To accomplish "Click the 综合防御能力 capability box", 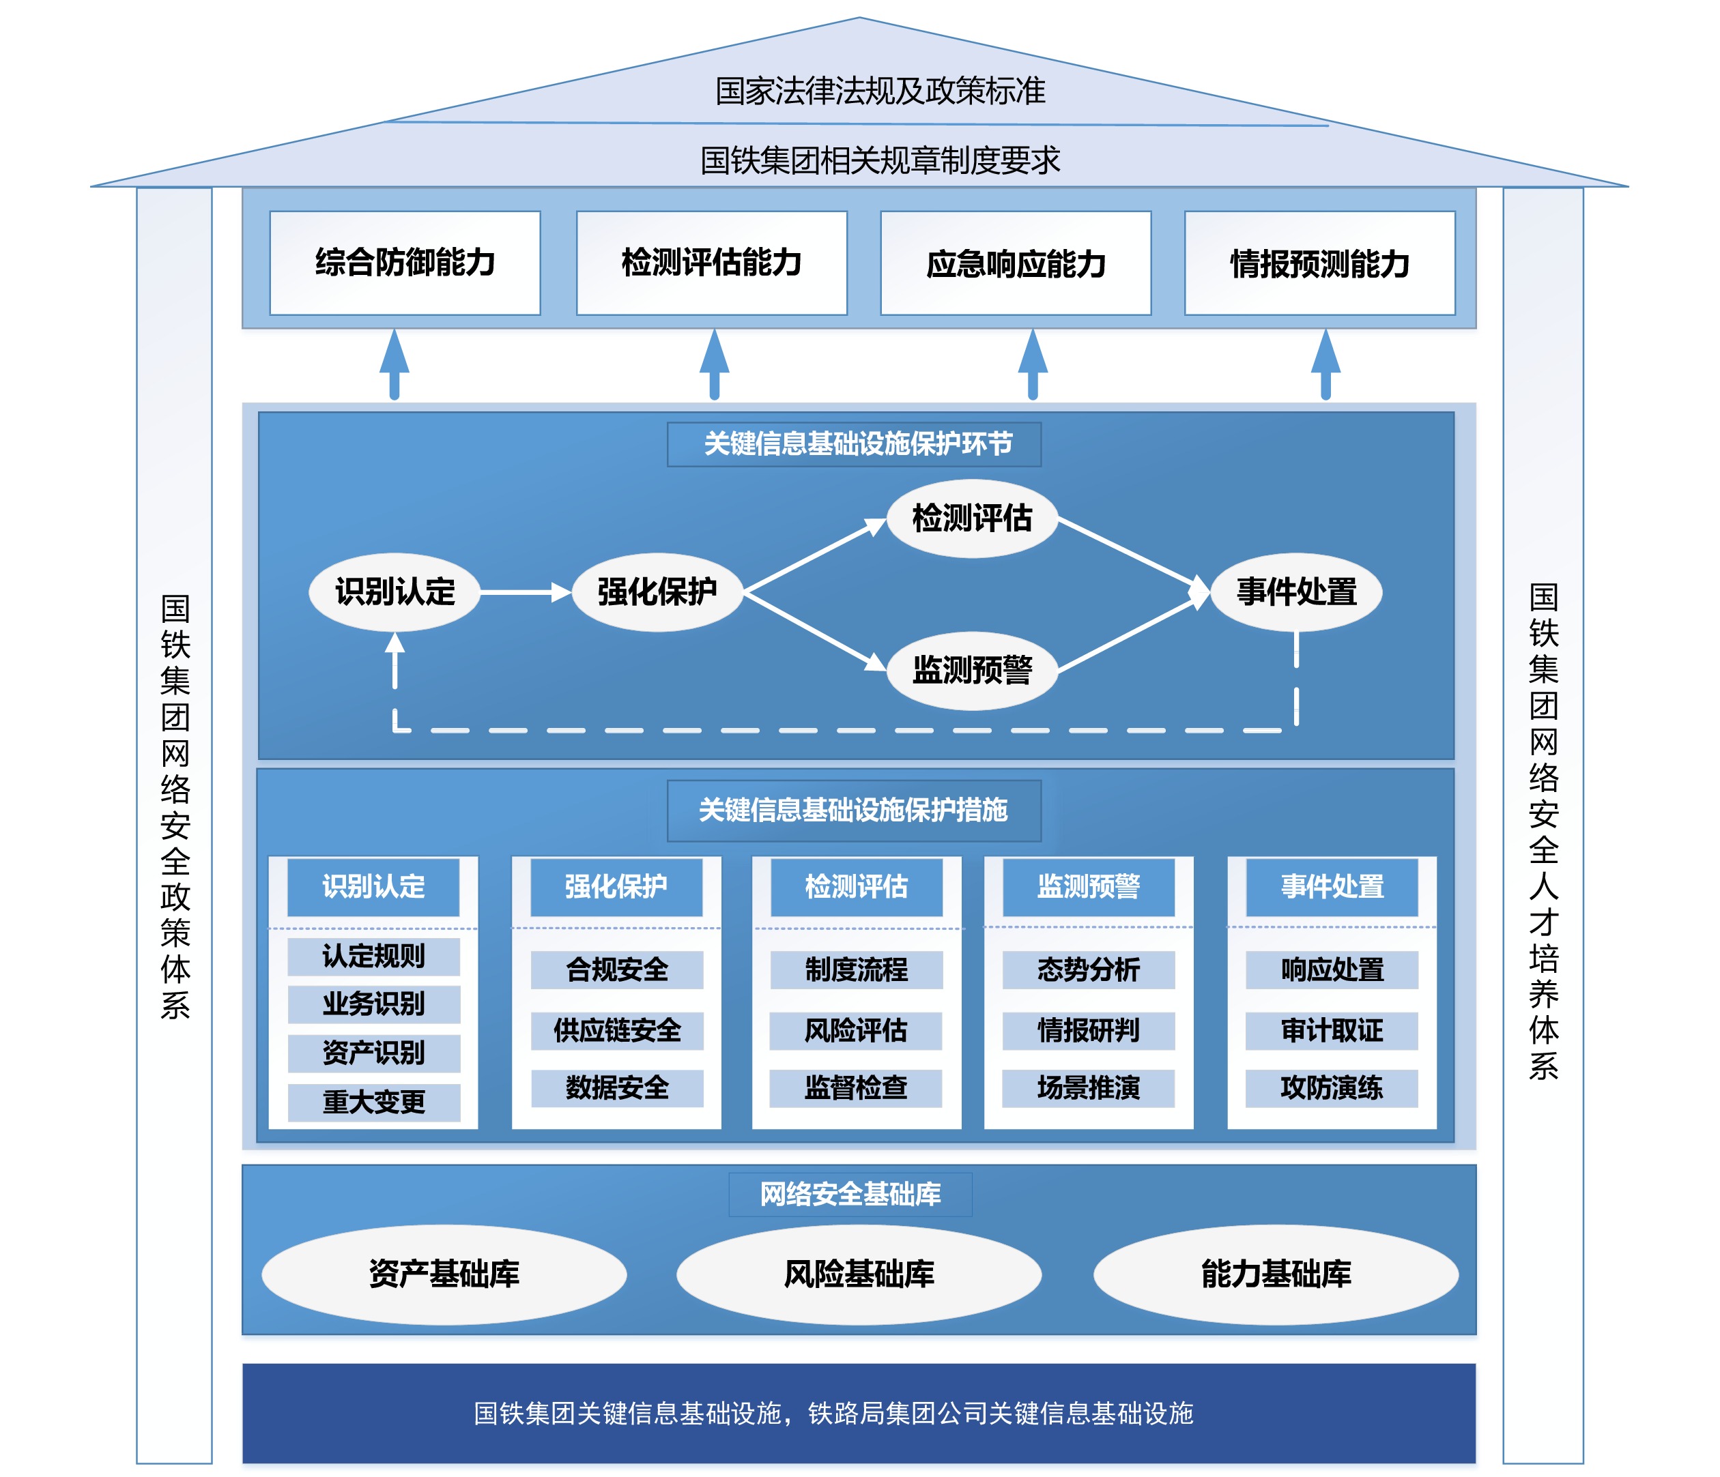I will point(405,263).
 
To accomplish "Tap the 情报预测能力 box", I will point(1319,263).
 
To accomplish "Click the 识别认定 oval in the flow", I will point(395,591).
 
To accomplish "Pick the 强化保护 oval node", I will point(657,591).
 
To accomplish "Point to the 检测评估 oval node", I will point(972,518).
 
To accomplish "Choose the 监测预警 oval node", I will point(972,670).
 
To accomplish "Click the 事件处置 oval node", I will point(1296,591).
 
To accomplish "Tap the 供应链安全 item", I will point(617,1031).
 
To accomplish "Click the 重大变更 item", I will point(373,1102).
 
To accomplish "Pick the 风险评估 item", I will point(856,1031).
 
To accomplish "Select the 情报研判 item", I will point(1088,1031).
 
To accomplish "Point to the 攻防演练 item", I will point(1332,1088).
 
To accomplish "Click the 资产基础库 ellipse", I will point(444,1274).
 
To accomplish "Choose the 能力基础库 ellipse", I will point(1276,1274).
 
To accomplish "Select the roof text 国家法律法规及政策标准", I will point(880,91).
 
